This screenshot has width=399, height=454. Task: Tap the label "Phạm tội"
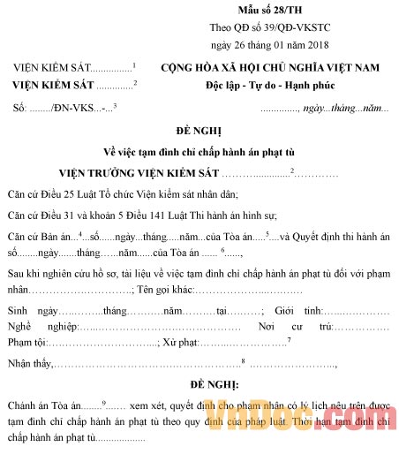pos(26,341)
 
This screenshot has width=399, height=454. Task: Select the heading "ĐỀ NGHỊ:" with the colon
pos(200,385)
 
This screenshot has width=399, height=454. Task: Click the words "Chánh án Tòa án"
pos(49,405)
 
